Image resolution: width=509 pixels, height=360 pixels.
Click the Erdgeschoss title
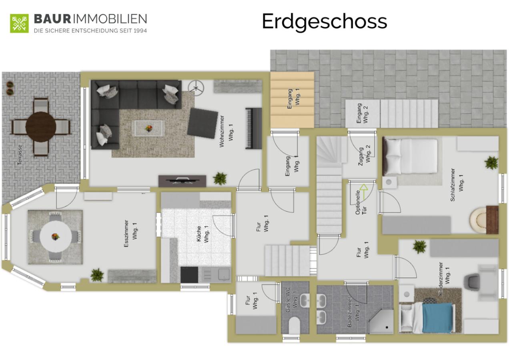(x=325, y=22)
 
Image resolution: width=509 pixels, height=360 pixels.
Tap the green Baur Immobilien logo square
(x=19, y=23)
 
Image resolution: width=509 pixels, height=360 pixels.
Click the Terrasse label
(x=20, y=155)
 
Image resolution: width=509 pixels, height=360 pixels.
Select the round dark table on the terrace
(x=41, y=127)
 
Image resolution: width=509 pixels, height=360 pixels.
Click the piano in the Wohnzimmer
(x=254, y=128)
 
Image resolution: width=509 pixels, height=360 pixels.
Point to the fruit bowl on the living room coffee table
(x=149, y=128)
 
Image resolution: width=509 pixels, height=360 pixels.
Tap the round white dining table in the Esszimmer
(x=56, y=237)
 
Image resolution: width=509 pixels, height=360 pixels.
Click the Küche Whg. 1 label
(x=202, y=234)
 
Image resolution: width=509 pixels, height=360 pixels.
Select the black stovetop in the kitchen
(x=189, y=274)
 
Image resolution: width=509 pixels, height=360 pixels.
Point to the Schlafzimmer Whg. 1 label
(x=457, y=185)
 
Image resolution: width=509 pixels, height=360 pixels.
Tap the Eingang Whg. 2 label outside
(x=362, y=113)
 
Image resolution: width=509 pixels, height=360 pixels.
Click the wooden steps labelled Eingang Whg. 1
(x=292, y=100)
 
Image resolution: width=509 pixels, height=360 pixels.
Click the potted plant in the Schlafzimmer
(x=491, y=163)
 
